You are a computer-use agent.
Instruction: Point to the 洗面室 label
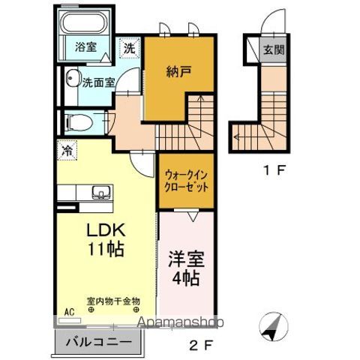(x=98, y=82)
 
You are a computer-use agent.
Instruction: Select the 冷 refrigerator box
(x=67, y=150)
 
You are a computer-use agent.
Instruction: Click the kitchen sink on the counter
(x=100, y=193)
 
